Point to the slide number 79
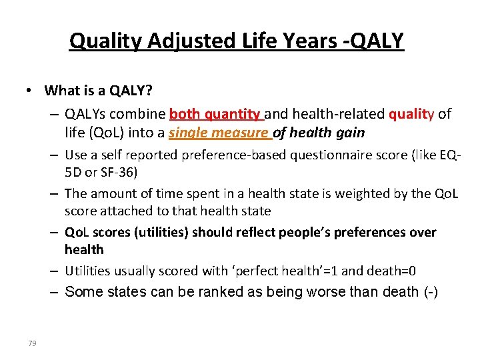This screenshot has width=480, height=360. pos(32,343)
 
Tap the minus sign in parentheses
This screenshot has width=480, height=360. pos(431,292)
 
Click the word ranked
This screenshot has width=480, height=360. pos(224,292)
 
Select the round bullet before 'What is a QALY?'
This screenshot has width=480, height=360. pos(31,91)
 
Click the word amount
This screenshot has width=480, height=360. pos(111,193)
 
